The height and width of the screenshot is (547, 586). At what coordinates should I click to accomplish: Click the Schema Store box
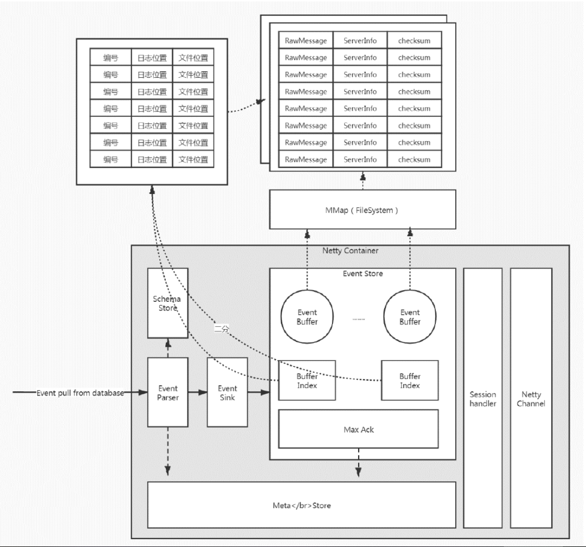168,302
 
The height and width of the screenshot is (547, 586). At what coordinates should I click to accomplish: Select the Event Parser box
168,392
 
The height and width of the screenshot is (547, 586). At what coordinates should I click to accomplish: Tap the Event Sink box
227,392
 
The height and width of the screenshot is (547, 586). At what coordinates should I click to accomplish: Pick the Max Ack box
358,430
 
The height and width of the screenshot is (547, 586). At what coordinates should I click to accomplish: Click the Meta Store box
302,505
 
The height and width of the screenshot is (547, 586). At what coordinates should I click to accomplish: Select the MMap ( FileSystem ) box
362,210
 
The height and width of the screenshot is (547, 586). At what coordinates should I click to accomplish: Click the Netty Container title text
350,251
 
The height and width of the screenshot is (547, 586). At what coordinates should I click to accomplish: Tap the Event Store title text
362,274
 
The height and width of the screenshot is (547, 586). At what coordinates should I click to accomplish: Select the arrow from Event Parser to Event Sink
198,393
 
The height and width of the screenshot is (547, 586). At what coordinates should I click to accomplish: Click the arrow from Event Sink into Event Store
258,393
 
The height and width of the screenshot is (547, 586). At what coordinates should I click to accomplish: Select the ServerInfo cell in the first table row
360,41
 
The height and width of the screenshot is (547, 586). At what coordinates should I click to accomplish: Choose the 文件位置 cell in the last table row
193,159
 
